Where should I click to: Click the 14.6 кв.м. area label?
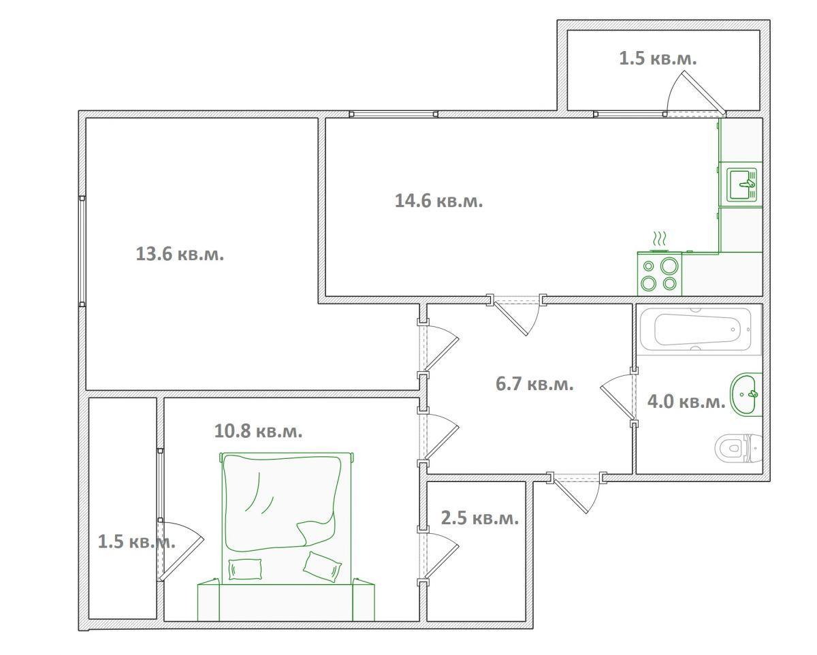point(438,201)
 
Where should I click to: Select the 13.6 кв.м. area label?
point(180,254)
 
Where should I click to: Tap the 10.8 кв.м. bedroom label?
point(258,431)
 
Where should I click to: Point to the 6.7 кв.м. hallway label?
point(534,384)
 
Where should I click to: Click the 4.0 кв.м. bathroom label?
point(686,401)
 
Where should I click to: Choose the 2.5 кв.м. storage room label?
point(480,518)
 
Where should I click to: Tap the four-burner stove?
point(660,274)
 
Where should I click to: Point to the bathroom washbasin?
point(746,394)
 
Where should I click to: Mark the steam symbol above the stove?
point(659,239)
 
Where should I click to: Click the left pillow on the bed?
point(245,569)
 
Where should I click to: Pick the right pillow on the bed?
point(322,566)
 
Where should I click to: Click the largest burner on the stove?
point(669,266)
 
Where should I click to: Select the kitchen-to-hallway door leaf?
point(510,318)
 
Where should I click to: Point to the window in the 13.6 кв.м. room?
point(82,251)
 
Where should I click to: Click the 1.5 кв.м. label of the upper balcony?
point(658,59)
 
